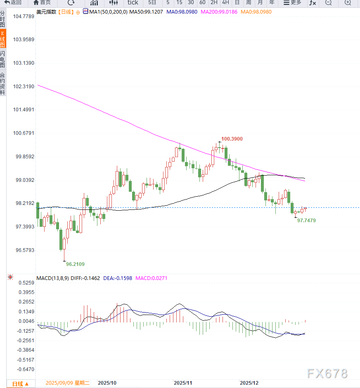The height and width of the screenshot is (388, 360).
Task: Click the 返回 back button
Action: pos(13,2)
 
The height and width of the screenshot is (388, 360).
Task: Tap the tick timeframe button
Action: pos(133,2)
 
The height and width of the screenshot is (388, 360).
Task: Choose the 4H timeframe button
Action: pos(225,2)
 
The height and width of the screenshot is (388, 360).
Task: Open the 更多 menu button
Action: pos(292,2)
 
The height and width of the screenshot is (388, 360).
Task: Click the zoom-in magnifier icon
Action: pos(347,2)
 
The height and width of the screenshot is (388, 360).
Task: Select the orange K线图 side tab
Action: pos(3,39)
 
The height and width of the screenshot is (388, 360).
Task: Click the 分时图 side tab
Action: pos(3,19)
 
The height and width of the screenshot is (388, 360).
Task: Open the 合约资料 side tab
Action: pos(3,84)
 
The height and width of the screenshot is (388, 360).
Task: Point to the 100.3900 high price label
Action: pos(232,139)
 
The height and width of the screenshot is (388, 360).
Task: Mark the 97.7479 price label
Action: pos(306,221)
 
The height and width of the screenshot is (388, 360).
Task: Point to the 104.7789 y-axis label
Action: pos(24,16)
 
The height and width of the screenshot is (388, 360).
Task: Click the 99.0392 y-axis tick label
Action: pos(24,180)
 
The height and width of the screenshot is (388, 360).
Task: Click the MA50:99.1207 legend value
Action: pos(146,12)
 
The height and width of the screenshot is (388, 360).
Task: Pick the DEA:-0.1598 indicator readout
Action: pos(118,278)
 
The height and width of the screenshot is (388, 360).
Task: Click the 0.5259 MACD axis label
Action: pos(26,283)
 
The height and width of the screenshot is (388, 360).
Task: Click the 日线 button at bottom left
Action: pos(20,384)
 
